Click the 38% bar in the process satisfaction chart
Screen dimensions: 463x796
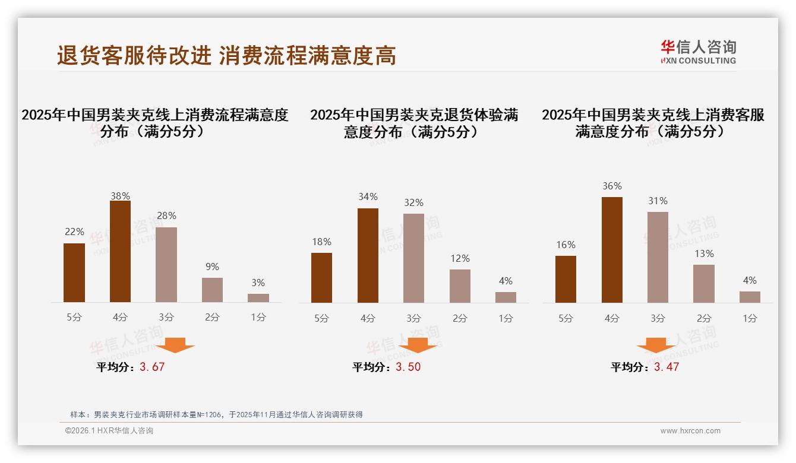[120, 252]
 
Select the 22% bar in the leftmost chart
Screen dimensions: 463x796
[74, 273]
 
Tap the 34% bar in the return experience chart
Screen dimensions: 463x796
[368, 255]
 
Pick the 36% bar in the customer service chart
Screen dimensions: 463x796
[612, 250]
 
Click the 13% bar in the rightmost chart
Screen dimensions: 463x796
[704, 284]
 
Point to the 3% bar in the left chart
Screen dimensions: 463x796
[258, 298]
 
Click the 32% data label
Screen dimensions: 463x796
[413, 203]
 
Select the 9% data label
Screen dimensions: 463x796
[212, 267]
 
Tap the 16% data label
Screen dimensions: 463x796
[566, 245]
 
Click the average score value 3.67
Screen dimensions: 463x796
[152, 367]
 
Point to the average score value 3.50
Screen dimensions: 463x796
[408, 367]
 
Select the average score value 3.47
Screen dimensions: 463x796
[667, 367]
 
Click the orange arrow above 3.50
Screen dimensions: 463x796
[418, 345]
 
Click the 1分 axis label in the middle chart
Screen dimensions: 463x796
[506, 318]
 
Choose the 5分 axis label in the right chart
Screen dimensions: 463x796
[566, 318]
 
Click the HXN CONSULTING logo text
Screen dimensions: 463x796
[698, 61]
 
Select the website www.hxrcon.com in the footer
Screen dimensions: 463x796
[690, 431]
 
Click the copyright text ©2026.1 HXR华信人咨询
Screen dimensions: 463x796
[109, 431]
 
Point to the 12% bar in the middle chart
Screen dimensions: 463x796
[460, 286]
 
